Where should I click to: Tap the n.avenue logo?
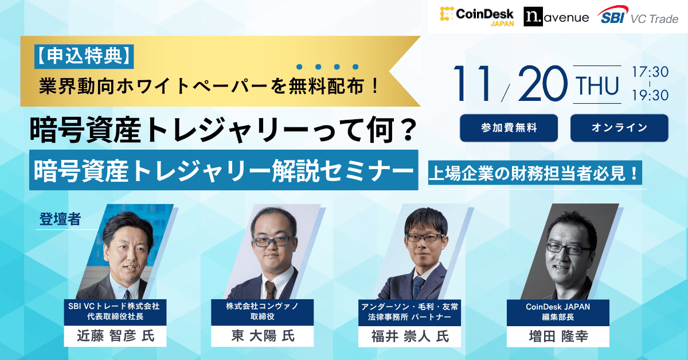[556, 17]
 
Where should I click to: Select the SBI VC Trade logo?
[637, 17]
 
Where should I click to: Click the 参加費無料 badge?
[509, 128]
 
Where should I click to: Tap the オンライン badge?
[619, 128]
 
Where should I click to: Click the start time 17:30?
[650, 73]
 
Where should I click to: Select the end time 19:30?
[650, 96]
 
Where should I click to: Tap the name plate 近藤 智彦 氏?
[116, 336]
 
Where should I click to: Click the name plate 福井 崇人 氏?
[410, 336]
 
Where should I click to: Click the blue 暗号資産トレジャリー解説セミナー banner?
[223, 170]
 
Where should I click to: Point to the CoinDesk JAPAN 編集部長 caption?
[558, 312]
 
